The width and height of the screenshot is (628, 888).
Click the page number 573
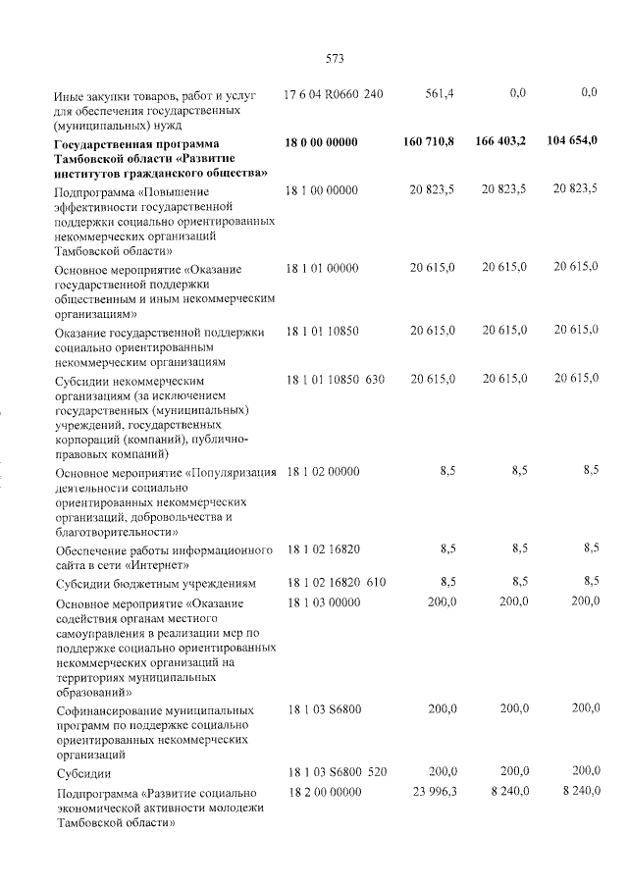334,58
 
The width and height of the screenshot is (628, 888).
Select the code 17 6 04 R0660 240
334,93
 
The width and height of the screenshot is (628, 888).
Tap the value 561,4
440,93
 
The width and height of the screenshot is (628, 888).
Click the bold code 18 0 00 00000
321,142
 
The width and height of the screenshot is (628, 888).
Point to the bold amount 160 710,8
429,142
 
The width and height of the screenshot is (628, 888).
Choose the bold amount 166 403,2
499,142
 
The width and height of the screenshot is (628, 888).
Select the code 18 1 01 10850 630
334,379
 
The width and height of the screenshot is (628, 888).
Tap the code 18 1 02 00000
321,472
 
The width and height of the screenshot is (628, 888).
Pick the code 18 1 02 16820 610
334,582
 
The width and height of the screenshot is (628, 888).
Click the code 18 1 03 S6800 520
334,773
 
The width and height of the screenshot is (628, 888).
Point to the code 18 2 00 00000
321,792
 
